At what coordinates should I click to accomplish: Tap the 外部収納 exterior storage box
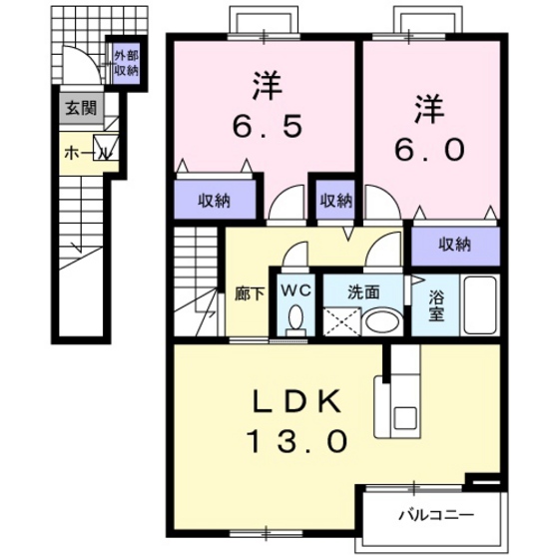coord(125,63)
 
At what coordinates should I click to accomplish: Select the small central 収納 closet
coord(335,200)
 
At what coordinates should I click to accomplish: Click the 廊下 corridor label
coord(248,294)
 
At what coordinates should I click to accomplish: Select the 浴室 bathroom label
coord(436,305)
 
